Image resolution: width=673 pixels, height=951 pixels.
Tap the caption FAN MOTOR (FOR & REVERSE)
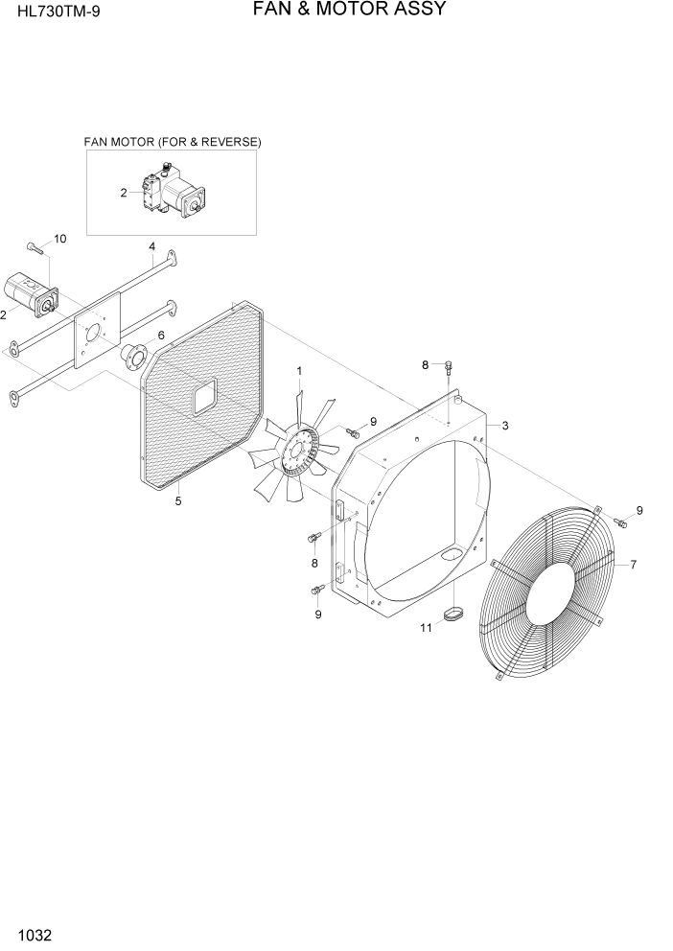pos(173,142)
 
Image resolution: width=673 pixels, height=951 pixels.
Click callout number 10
pos(59,239)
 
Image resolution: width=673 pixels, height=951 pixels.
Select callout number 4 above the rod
pos(152,246)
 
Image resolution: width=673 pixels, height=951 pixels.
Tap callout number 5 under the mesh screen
pos(177,499)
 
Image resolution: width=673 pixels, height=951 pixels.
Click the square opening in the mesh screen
pos(204,395)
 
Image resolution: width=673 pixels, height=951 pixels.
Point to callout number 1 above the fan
pos(299,370)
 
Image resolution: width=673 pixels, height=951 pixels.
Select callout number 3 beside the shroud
pos(504,426)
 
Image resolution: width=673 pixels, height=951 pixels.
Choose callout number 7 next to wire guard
pos(634,565)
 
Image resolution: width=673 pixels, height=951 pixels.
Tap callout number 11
pos(426,628)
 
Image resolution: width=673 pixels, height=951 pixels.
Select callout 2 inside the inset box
pos(124,193)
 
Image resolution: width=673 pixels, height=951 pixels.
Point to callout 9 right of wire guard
pos(638,510)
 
